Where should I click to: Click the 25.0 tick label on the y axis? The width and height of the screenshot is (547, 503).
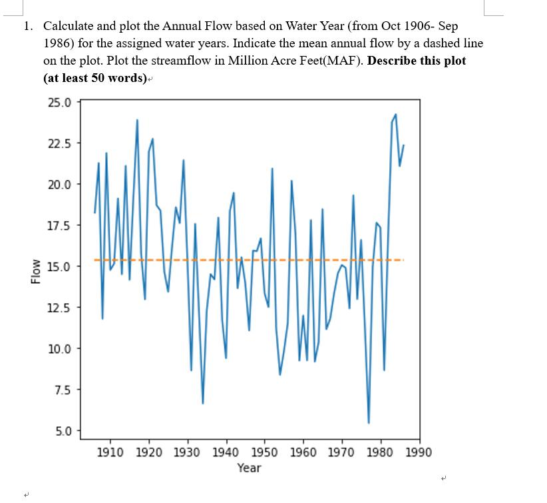tap(61, 102)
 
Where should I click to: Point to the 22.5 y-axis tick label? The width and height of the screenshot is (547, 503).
tap(61, 143)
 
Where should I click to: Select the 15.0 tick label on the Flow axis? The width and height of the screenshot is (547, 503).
tap(61, 266)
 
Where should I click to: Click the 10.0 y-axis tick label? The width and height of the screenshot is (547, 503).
tap(61, 348)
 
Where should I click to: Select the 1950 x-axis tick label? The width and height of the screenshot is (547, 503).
tap(264, 452)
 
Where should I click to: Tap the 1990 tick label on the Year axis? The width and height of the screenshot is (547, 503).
tap(419, 452)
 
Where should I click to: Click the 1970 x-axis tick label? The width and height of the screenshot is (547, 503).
tap(342, 452)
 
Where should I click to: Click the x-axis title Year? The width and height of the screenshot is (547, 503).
tap(249, 468)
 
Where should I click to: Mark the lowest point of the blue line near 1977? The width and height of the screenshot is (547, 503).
tap(369, 423)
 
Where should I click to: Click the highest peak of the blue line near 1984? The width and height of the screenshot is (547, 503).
tap(396, 115)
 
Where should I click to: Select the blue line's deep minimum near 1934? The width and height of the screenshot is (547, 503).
tap(203, 403)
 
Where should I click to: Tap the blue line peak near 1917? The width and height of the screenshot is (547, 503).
tap(138, 120)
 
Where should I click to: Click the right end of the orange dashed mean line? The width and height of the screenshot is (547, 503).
tap(403, 260)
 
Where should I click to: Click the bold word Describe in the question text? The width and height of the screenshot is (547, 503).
tap(393, 61)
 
